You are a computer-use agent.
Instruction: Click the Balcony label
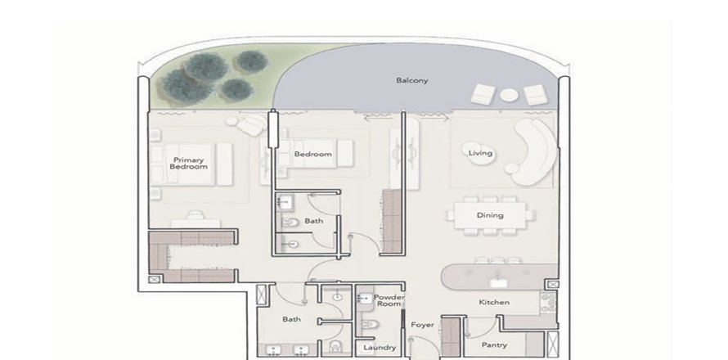[412, 81]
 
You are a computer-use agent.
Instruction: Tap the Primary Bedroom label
[188, 163]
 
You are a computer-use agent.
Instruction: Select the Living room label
[479, 153]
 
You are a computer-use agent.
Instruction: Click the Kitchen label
[494, 303]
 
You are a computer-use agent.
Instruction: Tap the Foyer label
[422, 325]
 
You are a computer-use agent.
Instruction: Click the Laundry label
[380, 348]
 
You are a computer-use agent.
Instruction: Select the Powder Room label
[389, 300]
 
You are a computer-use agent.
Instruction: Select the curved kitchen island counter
[491, 277]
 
